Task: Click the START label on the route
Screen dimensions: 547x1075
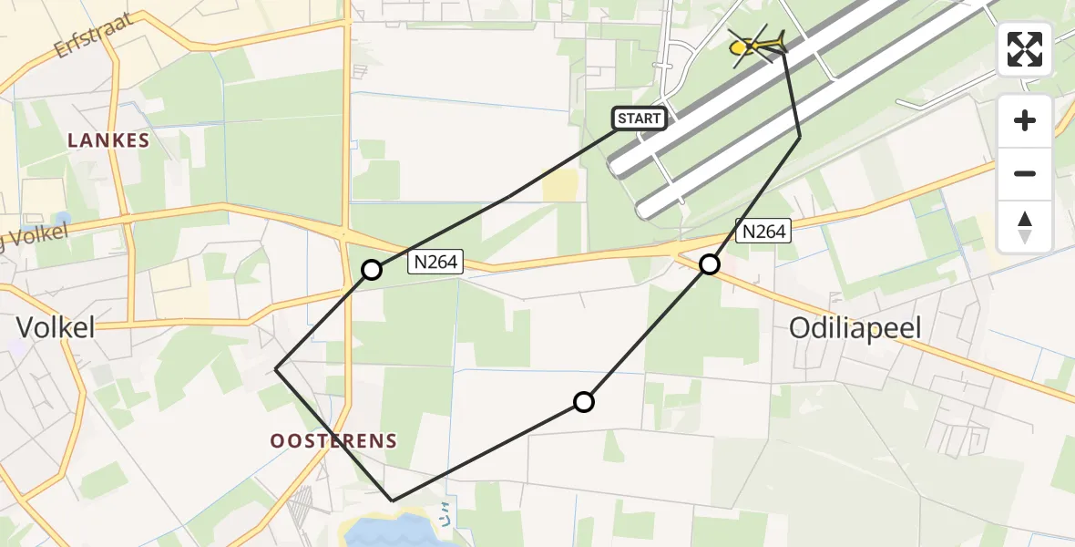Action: pos(639,119)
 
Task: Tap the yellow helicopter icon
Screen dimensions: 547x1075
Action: pos(756,45)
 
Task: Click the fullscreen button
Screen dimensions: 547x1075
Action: pos(1025,49)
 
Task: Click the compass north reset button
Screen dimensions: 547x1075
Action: pos(1025,227)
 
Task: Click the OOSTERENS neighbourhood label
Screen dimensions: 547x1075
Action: pos(333,441)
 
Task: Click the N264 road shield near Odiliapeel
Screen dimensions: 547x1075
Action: pos(763,232)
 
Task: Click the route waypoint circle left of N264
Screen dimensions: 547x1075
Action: pos(372,270)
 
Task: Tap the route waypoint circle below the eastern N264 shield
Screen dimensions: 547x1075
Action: pos(709,264)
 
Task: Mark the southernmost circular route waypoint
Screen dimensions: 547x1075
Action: pos(583,402)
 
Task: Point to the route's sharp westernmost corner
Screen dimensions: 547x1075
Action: pos(276,368)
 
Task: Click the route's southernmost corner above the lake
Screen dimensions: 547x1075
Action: pos(393,501)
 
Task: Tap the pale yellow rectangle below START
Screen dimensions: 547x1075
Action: pos(559,187)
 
